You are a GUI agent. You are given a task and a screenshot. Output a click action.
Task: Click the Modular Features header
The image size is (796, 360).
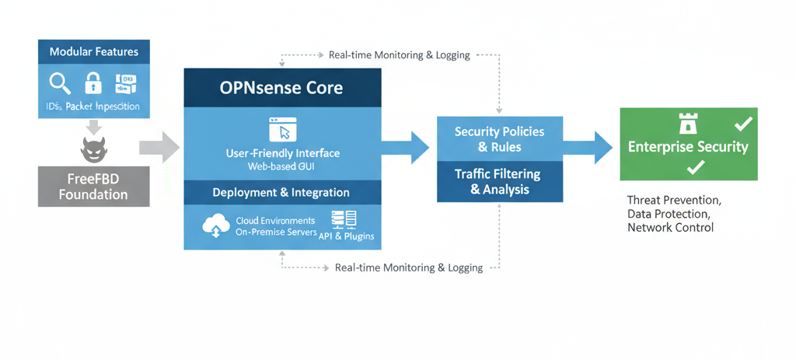[93, 52]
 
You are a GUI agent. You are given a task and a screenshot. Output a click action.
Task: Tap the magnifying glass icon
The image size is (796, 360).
[60, 82]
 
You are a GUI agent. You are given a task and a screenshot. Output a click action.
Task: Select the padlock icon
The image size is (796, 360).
[93, 82]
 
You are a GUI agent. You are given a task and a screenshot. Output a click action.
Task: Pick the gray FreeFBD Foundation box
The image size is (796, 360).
[93, 186]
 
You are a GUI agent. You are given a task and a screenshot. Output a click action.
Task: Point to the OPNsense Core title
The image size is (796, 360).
[281, 87]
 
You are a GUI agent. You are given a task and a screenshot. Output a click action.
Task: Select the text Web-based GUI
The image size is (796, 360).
[282, 166]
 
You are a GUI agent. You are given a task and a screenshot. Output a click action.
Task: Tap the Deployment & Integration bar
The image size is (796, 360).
[281, 192]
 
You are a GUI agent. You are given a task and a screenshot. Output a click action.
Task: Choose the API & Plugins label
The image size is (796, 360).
[346, 236]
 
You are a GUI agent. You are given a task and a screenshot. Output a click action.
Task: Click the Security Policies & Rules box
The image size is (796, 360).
[499, 139]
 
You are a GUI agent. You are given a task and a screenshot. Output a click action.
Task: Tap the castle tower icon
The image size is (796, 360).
[687, 124]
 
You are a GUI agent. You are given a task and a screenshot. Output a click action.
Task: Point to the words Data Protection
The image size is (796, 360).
[668, 214]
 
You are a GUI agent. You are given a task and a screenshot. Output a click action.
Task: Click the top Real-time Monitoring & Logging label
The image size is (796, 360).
[399, 55]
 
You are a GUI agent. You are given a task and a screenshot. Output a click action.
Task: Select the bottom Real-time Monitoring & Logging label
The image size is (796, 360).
[408, 267]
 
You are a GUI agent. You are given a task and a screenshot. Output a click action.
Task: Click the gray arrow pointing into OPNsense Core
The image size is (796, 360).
[159, 147]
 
